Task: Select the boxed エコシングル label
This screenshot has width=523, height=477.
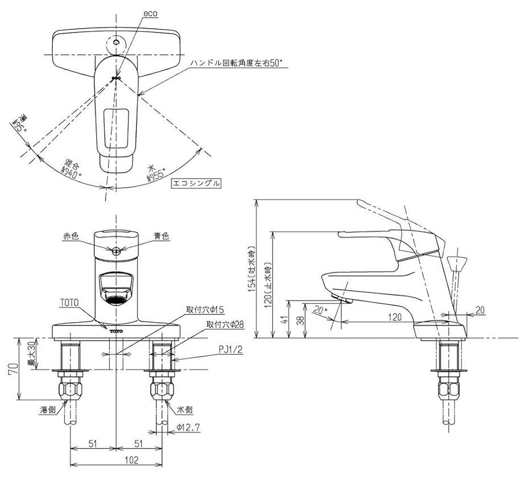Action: pyautogui.click(x=196, y=184)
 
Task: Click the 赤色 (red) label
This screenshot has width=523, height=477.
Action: pyautogui.click(x=71, y=237)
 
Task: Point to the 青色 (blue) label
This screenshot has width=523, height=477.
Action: pyautogui.click(x=162, y=237)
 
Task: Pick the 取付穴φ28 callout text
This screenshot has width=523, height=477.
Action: pyautogui.click(x=224, y=324)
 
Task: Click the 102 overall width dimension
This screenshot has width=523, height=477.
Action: pyautogui.click(x=118, y=460)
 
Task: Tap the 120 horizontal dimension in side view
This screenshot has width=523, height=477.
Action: pyautogui.click(x=395, y=316)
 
